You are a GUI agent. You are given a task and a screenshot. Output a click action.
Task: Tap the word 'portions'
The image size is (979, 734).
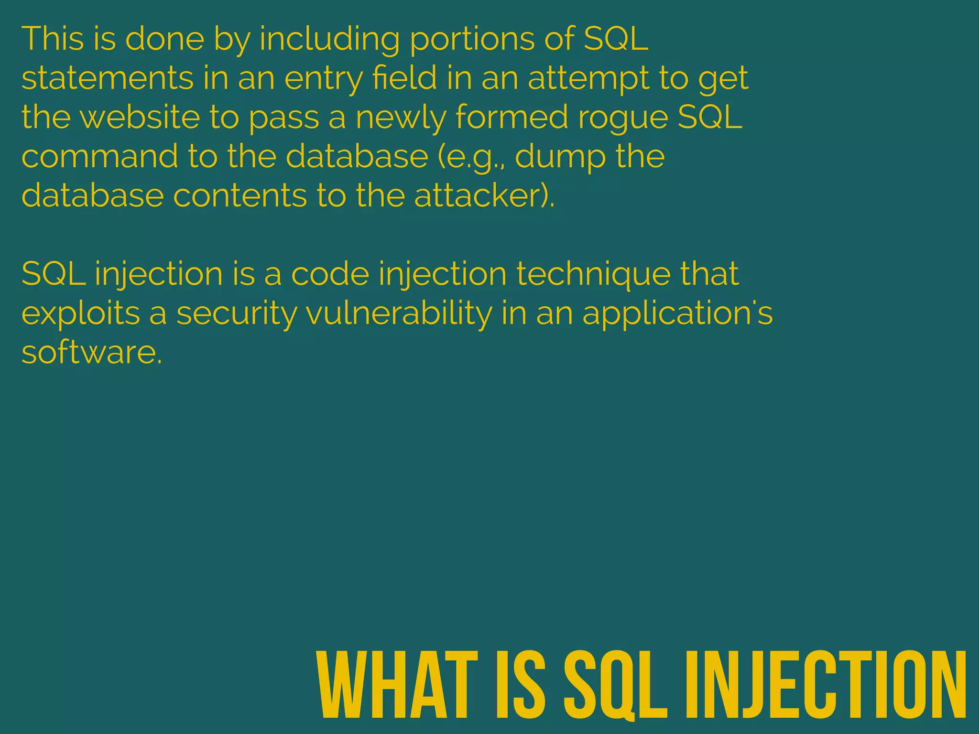click(472, 40)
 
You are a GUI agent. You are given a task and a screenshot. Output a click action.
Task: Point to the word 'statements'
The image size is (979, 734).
click(108, 78)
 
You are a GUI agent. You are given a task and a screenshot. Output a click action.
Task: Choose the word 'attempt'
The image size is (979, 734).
click(588, 79)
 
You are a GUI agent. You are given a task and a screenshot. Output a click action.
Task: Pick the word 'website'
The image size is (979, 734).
click(140, 117)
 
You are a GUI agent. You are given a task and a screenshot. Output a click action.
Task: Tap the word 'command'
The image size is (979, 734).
click(99, 156)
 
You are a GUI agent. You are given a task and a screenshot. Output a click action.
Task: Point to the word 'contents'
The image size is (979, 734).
click(239, 195)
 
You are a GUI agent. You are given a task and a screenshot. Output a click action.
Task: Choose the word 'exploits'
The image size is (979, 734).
click(81, 314)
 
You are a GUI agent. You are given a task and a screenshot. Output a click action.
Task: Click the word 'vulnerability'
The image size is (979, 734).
click(399, 314)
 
